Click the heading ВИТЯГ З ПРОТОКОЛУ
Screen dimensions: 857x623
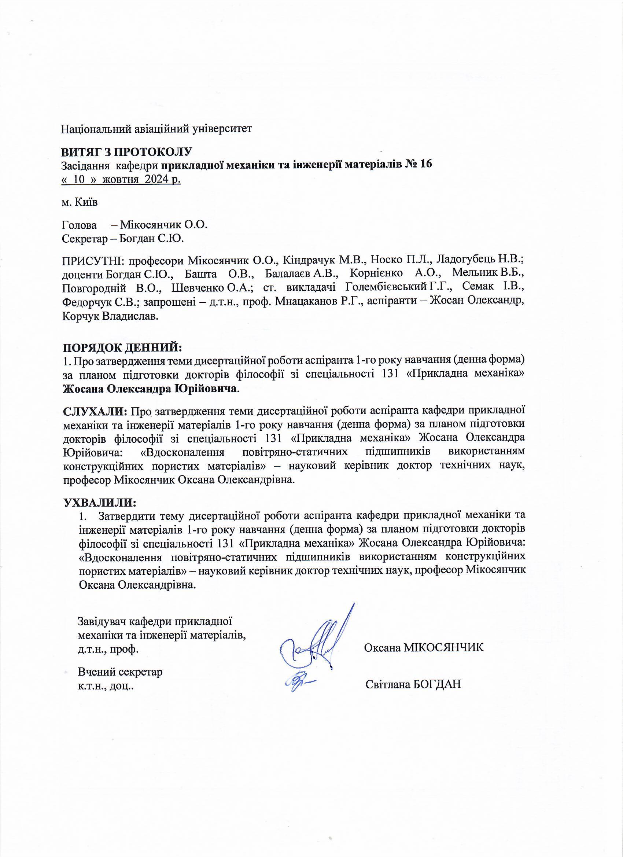point(127,152)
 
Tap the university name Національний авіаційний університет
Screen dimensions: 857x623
point(156,129)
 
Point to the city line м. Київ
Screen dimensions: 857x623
point(80,203)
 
